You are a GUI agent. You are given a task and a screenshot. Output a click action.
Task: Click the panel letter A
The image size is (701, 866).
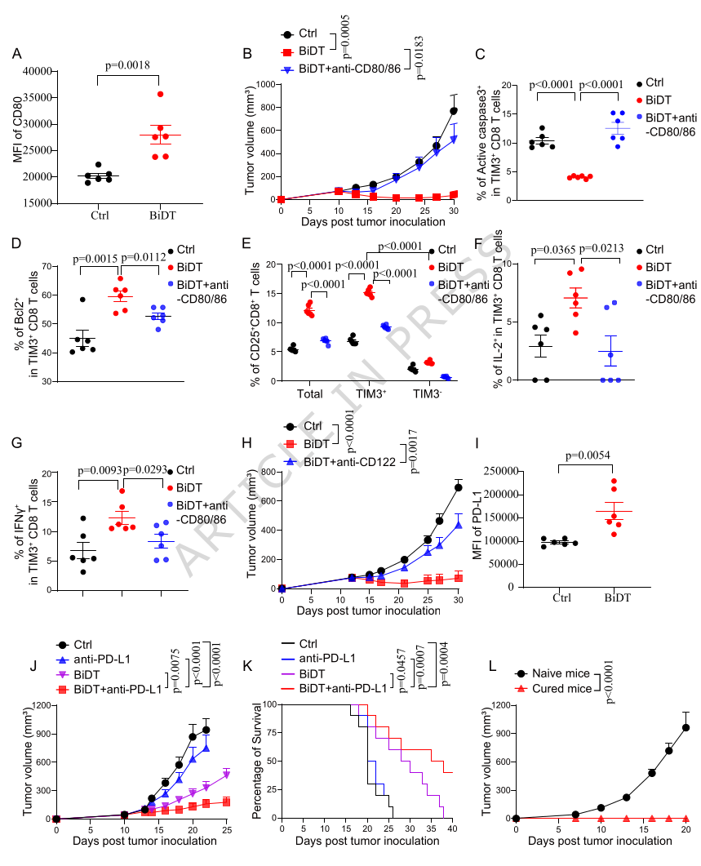(x=16, y=54)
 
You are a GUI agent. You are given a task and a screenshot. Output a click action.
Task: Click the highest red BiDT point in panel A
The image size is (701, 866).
(x=160, y=95)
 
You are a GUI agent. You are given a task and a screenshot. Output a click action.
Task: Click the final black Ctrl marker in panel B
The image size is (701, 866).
(x=454, y=111)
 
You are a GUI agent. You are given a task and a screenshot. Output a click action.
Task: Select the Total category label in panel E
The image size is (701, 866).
(x=310, y=394)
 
